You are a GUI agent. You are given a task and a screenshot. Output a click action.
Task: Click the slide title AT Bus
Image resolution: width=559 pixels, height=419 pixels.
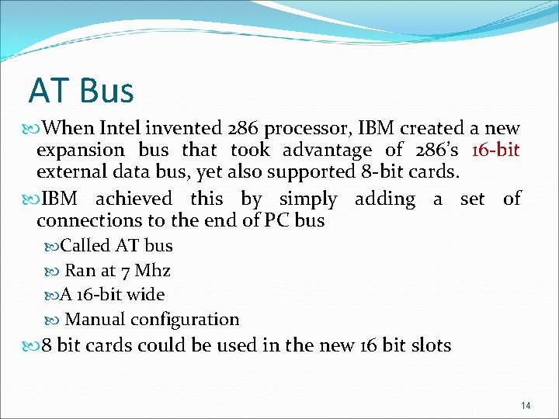tap(82, 91)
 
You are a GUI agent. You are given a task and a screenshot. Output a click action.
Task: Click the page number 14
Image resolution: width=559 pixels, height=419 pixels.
tap(526, 404)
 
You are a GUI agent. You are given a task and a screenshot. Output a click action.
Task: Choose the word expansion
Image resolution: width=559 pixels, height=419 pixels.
tap(80, 150)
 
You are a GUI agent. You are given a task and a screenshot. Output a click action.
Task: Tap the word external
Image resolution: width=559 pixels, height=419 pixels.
tap(69, 171)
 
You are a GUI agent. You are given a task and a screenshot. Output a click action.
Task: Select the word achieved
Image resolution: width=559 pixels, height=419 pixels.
tap(134, 199)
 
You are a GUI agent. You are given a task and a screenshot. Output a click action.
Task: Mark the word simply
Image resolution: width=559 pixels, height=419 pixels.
tap(308, 199)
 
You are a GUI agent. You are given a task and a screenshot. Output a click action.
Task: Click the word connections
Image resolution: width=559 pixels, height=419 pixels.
tap(85, 220)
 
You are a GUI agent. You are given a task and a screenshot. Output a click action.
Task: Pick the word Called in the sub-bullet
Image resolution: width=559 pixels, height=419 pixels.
tap(86, 246)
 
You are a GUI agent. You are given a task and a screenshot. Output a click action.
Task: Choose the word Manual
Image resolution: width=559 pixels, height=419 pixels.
tap(95, 319)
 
